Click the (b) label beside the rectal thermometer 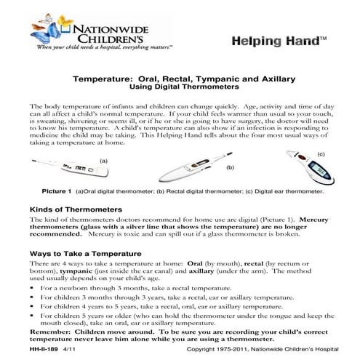230,167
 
